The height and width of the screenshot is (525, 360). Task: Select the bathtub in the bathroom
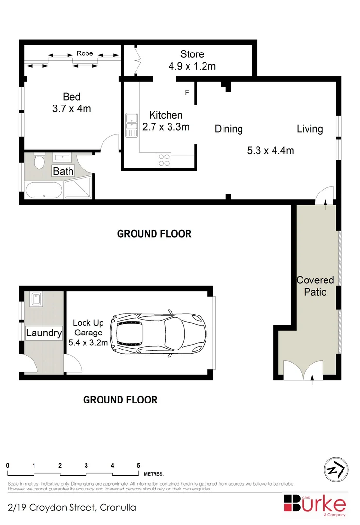point(44,190)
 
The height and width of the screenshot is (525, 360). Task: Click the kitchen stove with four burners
point(164,160)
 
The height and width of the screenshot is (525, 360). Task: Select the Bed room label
point(71,97)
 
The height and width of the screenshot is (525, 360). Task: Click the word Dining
point(228,129)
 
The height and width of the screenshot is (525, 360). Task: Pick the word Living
point(310,129)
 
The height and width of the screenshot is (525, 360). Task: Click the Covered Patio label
point(315,286)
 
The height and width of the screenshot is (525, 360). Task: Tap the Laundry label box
point(44,333)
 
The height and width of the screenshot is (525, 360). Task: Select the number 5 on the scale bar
point(139,465)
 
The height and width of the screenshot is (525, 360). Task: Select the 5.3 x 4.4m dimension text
point(271,150)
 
